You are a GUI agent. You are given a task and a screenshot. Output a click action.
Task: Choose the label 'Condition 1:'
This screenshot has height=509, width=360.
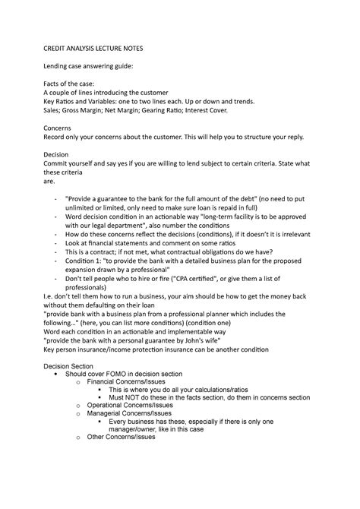click(87, 261)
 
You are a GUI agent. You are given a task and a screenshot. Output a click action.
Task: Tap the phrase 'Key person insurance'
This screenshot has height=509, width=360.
click(82, 351)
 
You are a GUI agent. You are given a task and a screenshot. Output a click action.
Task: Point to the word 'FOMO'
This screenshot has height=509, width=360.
click(117, 375)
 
